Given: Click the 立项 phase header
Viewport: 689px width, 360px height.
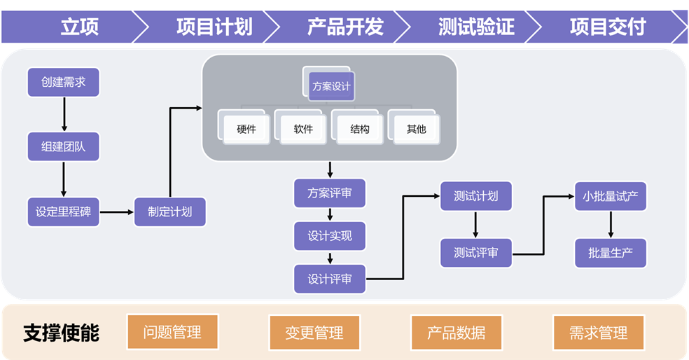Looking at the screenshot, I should coord(79,27).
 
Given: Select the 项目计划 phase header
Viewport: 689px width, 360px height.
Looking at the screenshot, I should coord(214,27).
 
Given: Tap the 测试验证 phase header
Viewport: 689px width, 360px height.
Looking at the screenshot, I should coord(476,27).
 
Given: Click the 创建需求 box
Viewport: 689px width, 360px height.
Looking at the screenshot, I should coord(64,82).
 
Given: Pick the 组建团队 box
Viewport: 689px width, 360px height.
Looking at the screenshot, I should coord(64,147).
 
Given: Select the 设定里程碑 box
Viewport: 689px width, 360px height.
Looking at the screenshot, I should coord(64,212).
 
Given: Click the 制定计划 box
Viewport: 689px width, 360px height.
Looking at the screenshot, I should coord(169,212).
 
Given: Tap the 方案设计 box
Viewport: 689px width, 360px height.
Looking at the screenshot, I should coord(331,88).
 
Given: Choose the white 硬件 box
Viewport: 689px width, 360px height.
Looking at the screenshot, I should coord(246,130).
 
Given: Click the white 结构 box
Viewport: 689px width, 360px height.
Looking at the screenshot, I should coord(360,130).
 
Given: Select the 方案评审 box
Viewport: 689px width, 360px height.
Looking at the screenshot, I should coord(330,193).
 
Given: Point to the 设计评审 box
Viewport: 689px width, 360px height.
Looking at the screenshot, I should coord(330,279).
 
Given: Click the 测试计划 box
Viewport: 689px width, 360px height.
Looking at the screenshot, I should coord(476,196).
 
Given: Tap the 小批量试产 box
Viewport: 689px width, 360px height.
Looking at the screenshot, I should coord(611,196).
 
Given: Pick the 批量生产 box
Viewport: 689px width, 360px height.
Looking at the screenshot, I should coord(611,253).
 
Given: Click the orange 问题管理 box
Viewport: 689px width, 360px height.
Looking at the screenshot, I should coord(172,333).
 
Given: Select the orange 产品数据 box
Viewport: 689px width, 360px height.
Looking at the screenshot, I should coord(456,333).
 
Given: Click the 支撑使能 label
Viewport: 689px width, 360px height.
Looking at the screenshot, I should coord(62,333).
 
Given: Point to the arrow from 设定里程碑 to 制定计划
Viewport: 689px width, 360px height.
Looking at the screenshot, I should coord(116,212).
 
